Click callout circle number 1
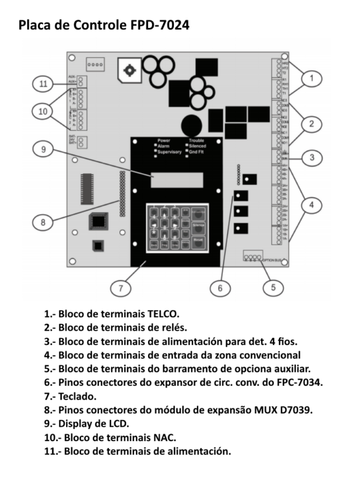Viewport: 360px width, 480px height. [311, 77]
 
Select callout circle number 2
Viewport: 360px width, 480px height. [311, 124]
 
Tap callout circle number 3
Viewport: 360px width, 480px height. [311, 158]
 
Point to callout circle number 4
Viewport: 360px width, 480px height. [311, 205]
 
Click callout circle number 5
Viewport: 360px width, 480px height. [274, 287]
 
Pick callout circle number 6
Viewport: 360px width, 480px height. [220, 287]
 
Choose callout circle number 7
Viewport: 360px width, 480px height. [121, 288]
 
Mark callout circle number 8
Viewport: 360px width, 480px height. [43, 222]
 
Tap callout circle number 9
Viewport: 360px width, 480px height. [43, 150]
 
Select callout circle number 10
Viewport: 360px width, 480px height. [43, 111]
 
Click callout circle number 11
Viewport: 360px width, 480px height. [43, 84]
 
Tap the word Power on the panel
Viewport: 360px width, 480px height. [164, 140]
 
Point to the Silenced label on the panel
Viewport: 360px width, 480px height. [197, 146]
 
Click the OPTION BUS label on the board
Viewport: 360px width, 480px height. [272, 260]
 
